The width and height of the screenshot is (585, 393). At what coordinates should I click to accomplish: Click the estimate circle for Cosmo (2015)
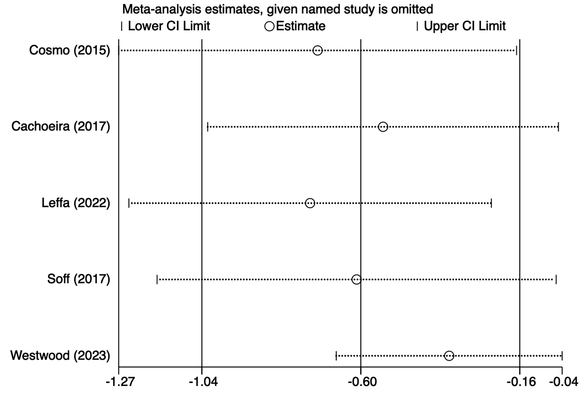[x=317, y=50]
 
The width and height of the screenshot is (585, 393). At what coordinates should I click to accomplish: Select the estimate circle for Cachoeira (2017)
[x=383, y=127]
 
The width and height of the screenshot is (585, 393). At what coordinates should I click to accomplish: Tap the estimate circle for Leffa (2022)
[x=310, y=203]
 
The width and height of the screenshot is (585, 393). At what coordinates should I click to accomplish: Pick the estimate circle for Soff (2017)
[x=356, y=279]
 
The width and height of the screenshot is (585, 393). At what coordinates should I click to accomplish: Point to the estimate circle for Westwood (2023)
[x=449, y=356]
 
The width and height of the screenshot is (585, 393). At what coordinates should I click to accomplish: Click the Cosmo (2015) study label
[x=70, y=50]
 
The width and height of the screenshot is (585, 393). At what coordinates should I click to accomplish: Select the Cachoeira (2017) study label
[x=61, y=126]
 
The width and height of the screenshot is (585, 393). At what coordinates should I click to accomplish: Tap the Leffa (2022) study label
[x=76, y=203]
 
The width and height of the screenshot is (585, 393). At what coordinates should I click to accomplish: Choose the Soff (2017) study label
[x=79, y=279]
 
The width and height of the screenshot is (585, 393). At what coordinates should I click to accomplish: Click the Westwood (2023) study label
[x=60, y=355]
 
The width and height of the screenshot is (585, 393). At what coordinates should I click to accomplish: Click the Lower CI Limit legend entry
[x=169, y=26]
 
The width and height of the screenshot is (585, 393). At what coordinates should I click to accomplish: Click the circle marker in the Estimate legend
[x=270, y=26]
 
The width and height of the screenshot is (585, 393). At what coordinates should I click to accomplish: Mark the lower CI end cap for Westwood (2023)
[x=336, y=356]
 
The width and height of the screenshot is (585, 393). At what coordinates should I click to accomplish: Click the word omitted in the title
[x=412, y=9]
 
